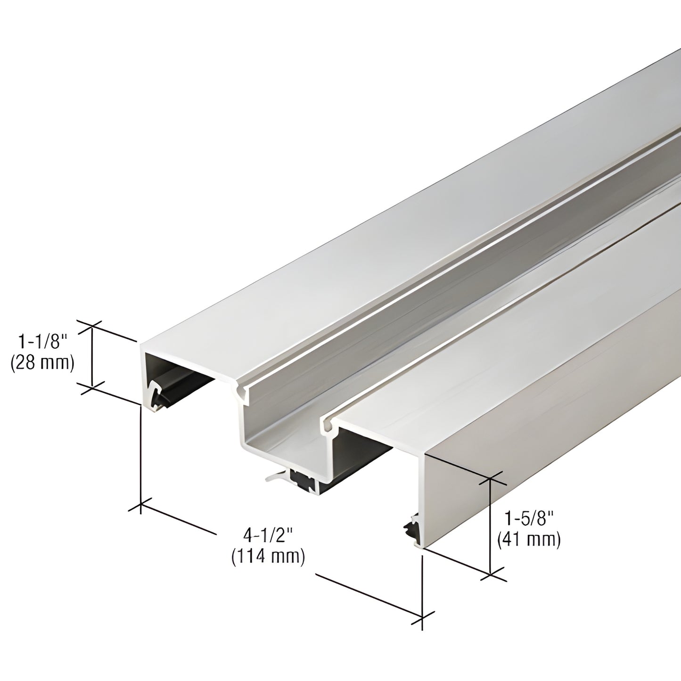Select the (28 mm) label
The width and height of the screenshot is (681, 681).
[x=42, y=363]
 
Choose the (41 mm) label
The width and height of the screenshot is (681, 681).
[x=529, y=540]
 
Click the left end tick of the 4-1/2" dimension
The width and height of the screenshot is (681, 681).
[x=141, y=506]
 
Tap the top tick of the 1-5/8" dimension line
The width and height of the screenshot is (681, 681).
[x=491, y=479]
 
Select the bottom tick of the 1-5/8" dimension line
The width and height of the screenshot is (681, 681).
[x=491, y=574]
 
